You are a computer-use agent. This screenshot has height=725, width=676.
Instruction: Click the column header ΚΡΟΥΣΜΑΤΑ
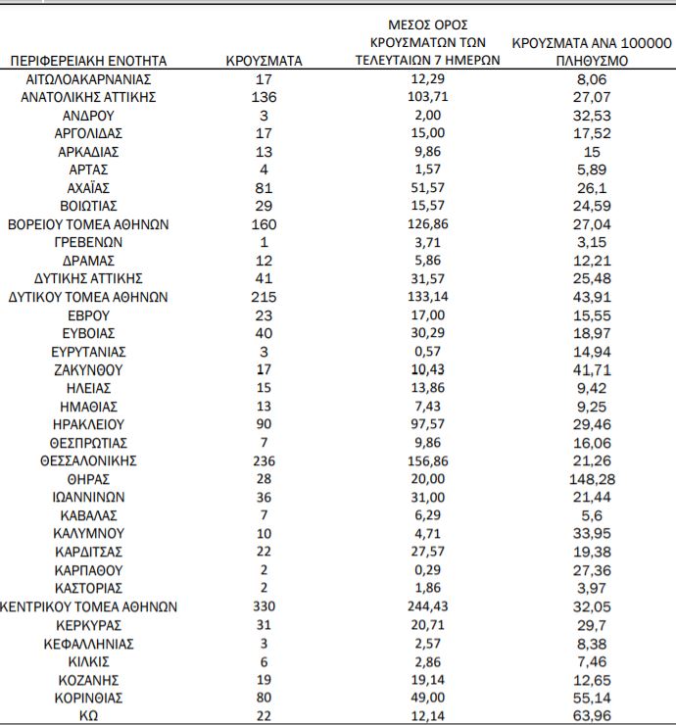point(264,61)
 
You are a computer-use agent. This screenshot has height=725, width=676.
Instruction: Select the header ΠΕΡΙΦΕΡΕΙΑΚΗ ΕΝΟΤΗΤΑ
point(88,61)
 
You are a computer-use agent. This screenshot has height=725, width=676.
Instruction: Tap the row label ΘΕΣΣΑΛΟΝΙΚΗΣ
point(88,460)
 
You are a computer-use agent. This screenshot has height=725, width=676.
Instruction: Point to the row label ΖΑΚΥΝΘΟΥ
point(88,369)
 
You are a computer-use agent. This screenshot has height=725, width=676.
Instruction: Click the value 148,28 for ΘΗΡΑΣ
point(591,479)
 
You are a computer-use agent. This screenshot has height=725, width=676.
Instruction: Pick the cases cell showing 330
point(264,606)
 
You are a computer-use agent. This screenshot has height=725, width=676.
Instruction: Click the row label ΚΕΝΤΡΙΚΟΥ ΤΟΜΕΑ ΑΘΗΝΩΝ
point(88,606)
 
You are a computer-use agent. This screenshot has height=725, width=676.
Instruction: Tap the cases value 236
point(264,460)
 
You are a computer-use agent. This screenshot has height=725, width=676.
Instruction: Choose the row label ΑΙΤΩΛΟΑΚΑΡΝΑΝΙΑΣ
point(88,78)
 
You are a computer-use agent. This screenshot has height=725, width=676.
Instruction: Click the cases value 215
point(264,297)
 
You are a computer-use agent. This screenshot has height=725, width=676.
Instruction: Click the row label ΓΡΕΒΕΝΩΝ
point(88,242)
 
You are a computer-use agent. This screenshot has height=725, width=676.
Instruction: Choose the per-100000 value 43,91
point(591,297)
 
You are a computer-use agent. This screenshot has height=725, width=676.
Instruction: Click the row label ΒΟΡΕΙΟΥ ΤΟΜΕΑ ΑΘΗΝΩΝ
point(88,223)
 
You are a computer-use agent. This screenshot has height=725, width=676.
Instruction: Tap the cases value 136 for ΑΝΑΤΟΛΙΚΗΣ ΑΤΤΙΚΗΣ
point(264,97)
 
